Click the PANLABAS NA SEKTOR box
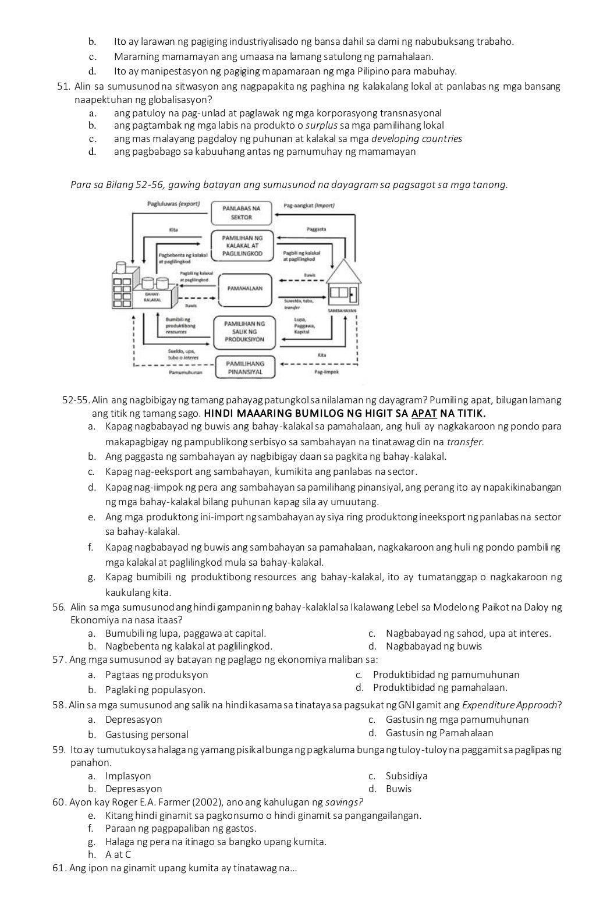242,212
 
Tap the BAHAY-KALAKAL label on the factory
152,296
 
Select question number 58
58,705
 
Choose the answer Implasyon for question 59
128,776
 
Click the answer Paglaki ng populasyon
155,690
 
